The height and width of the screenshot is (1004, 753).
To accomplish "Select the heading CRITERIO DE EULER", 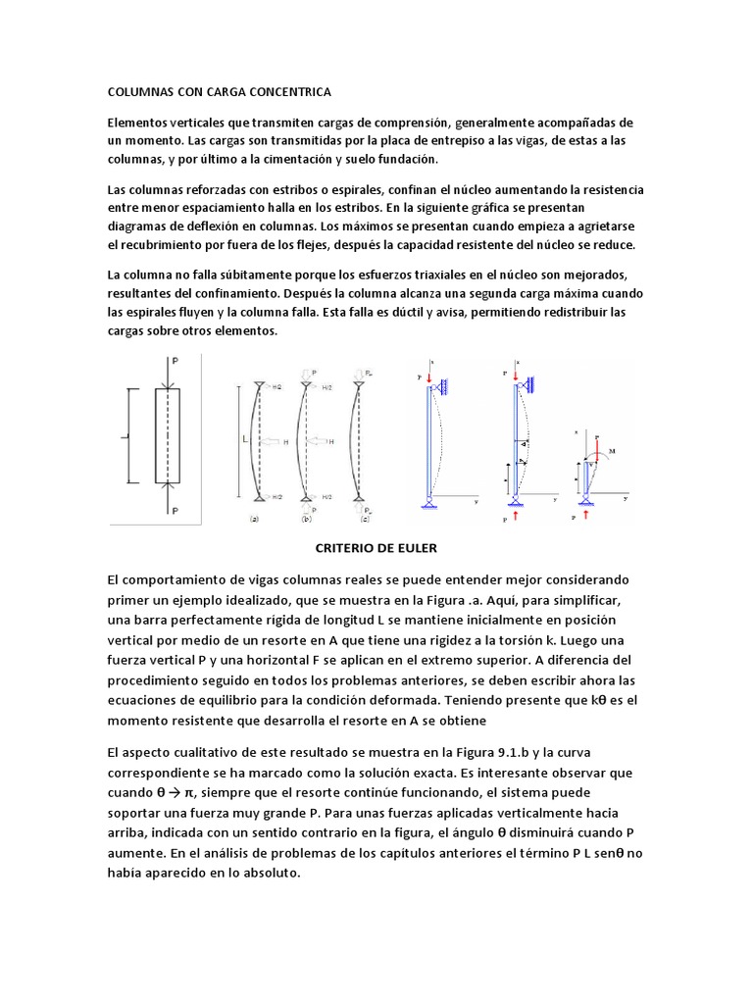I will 375,547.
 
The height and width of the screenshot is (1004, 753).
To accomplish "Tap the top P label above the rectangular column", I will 174,360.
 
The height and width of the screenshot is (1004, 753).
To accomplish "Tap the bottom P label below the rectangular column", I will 174,510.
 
